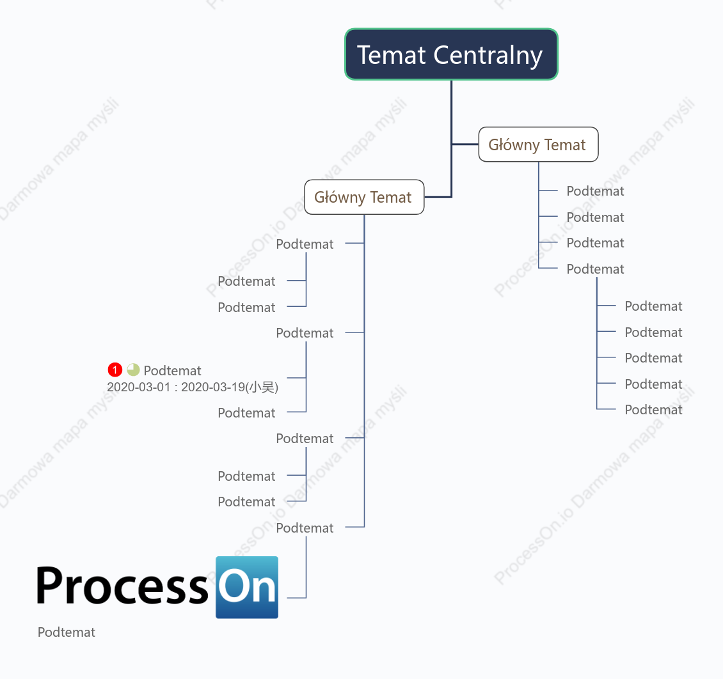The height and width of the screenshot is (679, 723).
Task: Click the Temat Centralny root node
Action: [x=451, y=54]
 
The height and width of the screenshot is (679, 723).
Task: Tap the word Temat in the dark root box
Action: [x=392, y=55]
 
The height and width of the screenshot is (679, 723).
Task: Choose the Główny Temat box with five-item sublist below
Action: [x=538, y=144]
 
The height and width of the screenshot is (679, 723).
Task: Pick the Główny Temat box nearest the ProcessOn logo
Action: [x=364, y=197]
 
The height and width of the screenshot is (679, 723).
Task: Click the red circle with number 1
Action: [x=115, y=370]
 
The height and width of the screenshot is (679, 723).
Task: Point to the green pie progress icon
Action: [x=133, y=370]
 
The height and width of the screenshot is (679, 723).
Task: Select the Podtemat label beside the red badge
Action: [x=172, y=370]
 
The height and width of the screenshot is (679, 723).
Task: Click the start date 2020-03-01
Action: [x=139, y=387]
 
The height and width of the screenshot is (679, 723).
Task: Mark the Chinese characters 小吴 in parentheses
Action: [x=262, y=387]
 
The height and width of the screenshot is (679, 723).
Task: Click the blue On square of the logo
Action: [x=247, y=588]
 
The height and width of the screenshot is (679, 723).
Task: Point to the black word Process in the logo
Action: [x=123, y=586]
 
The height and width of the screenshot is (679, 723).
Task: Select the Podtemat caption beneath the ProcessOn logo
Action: [x=67, y=632]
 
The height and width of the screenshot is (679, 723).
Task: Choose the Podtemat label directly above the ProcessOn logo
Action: [x=305, y=528]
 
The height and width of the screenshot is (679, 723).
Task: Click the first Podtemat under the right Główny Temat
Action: [x=595, y=191]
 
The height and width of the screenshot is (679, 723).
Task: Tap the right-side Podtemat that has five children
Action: [x=595, y=269]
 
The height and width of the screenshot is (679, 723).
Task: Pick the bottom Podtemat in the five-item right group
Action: [x=653, y=410]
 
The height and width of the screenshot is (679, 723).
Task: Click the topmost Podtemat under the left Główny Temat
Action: [x=305, y=244]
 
